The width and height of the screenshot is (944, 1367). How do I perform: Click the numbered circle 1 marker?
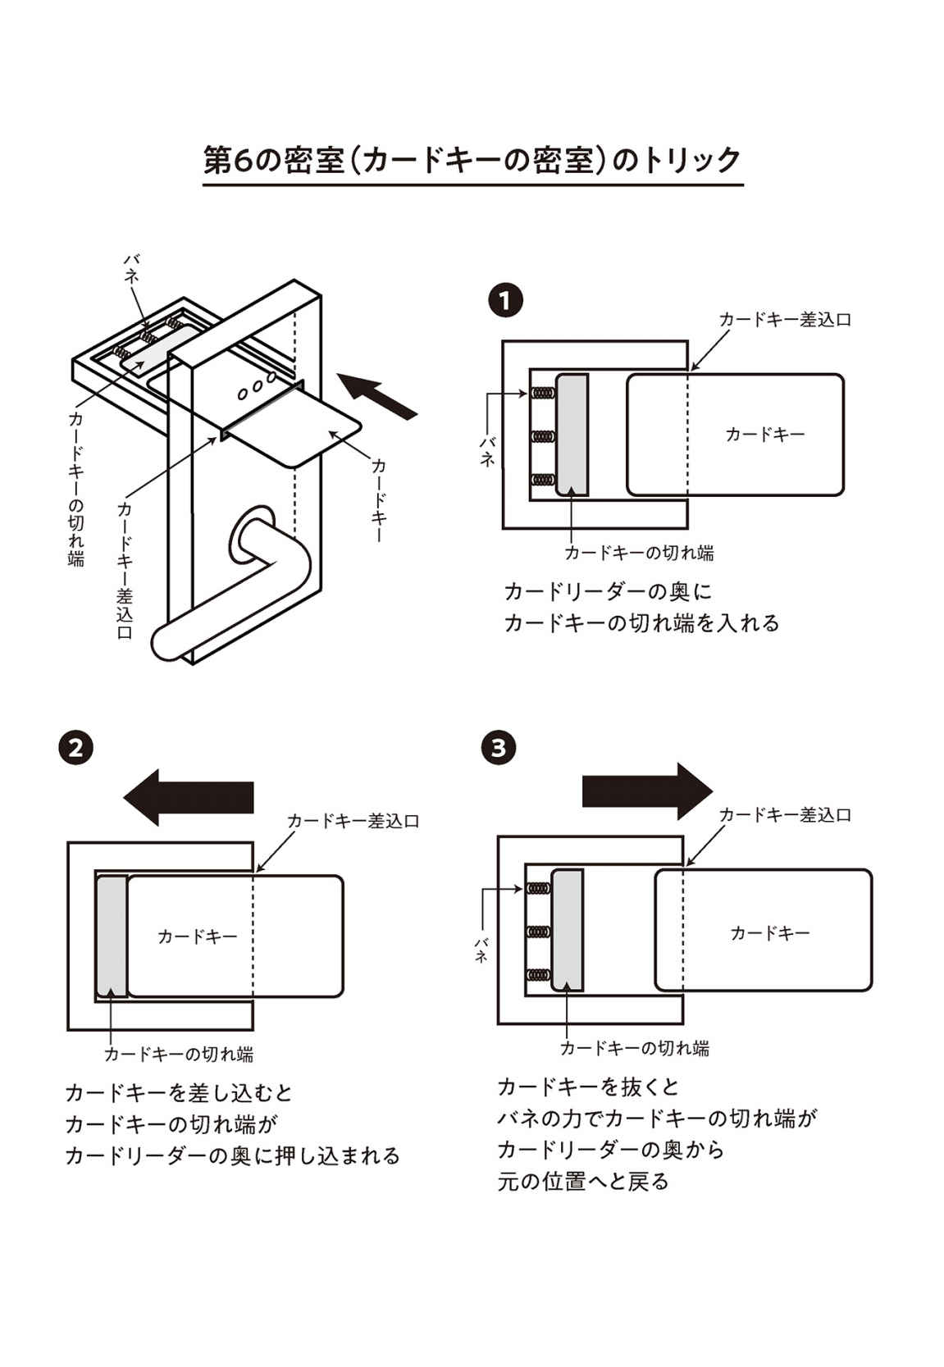[x=504, y=301]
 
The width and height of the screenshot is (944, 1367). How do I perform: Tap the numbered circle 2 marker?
[x=76, y=748]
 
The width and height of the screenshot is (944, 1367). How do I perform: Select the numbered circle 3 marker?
[x=499, y=748]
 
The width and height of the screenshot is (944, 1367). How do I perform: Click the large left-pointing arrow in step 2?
[x=189, y=797]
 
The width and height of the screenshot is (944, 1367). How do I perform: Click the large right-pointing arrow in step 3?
[x=647, y=791]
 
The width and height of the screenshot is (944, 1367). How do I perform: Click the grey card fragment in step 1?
[x=572, y=435]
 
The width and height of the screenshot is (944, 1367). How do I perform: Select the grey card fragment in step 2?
[x=112, y=936]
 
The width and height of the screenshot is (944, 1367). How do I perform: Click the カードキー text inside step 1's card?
[x=765, y=435]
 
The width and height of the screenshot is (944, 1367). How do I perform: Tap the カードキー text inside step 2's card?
[x=198, y=936]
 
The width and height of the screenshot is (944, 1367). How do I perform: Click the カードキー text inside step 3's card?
[x=770, y=932]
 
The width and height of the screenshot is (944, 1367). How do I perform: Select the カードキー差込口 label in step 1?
[x=785, y=320]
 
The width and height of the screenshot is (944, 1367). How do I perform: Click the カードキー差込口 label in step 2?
[x=353, y=821]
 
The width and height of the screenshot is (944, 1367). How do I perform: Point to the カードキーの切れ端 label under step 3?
[x=634, y=1048]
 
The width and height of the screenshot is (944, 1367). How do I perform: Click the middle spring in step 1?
[x=540, y=436]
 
